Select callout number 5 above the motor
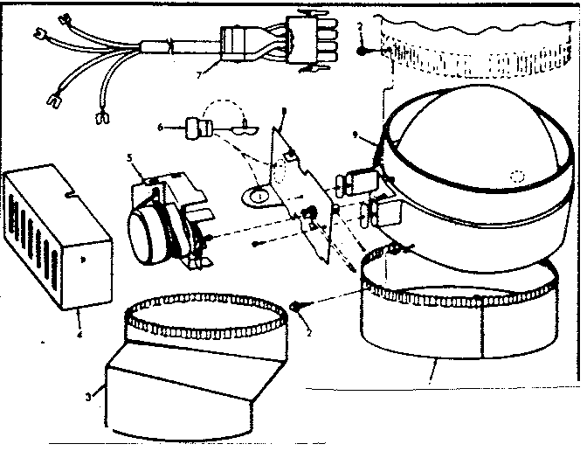tap(131, 159)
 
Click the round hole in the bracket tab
tap(259, 196)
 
